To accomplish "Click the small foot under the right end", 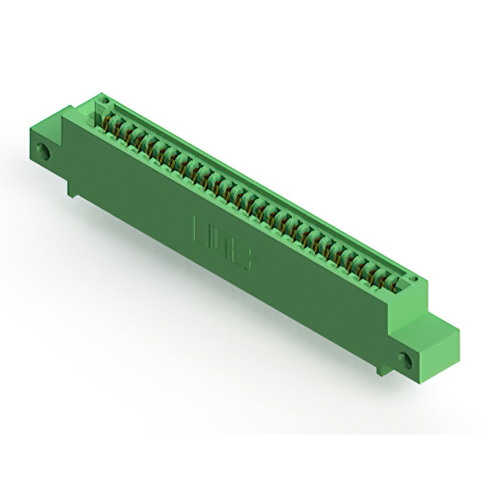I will click(x=379, y=370).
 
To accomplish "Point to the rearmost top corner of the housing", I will click(x=98, y=95).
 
